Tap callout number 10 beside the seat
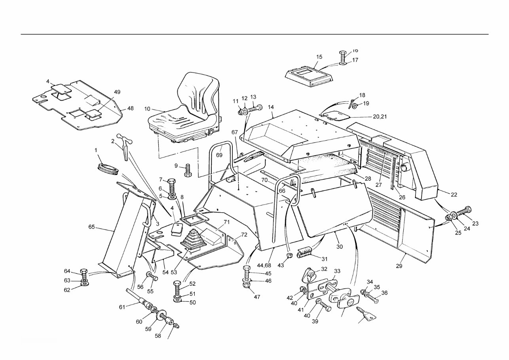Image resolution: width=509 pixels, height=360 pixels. [x=147, y=109]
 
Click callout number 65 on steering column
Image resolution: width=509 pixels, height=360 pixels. [x=92, y=227]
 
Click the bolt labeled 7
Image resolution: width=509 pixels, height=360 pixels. [x=172, y=185]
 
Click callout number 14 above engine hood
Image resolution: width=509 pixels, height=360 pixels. [x=271, y=107]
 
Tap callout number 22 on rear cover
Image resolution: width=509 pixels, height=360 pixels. [x=454, y=194]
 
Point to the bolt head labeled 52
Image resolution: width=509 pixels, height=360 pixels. [x=177, y=285]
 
